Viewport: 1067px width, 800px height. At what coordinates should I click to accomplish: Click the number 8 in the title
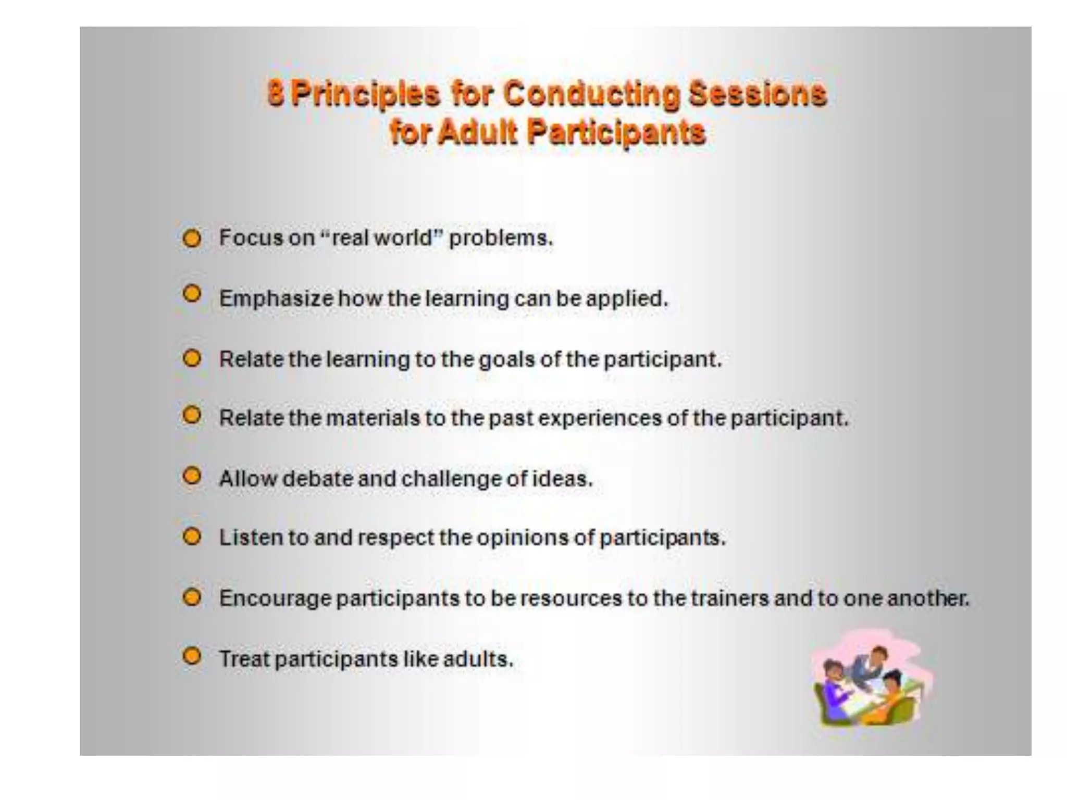(x=276, y=94)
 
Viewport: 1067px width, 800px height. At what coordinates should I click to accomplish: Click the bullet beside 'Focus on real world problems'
(x=192, y=239)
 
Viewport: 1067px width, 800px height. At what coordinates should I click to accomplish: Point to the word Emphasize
(x=276, y=299)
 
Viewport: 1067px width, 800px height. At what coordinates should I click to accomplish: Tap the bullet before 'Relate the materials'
(x=192, y=416)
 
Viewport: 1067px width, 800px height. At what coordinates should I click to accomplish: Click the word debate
(x=317, y=479)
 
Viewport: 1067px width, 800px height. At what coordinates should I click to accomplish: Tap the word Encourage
(x=275, y=598)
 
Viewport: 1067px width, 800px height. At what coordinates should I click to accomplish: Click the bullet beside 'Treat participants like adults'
(x=192, y=656)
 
